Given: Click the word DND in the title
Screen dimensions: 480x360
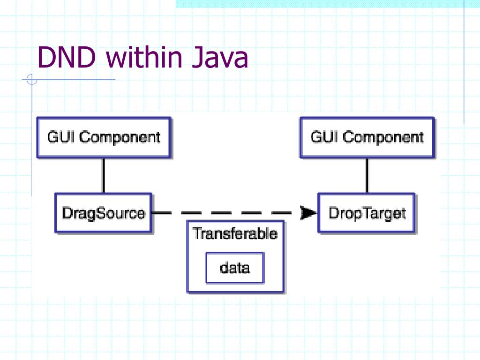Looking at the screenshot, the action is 67,57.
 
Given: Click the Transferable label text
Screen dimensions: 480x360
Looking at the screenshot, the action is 235,233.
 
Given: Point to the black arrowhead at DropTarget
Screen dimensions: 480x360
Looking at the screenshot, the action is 308,213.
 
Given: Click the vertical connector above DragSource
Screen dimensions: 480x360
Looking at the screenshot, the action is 104,175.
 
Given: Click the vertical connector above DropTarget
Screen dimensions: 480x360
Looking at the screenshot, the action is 367,175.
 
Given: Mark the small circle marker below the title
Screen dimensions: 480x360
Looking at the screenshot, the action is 32,80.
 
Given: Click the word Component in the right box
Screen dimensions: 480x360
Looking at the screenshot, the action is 383,137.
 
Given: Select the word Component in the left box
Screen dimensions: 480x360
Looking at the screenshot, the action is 120,137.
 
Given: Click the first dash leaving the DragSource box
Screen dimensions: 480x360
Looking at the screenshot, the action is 162,213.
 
